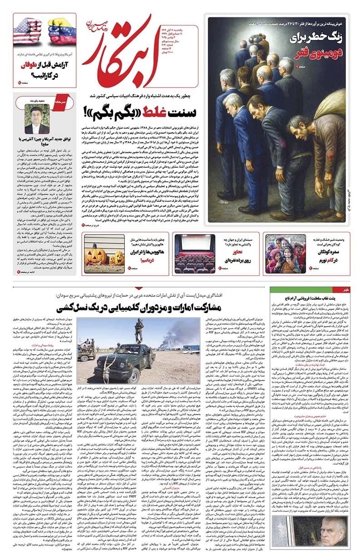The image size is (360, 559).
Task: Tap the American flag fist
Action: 28,31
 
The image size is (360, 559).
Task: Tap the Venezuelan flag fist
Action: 62,31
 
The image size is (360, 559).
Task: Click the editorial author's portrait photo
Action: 37,119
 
